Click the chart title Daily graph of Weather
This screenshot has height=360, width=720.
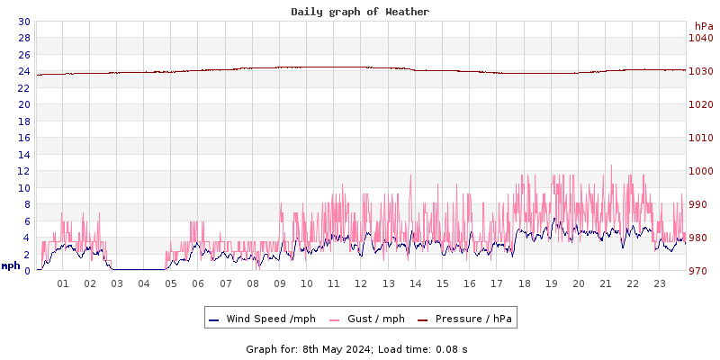(360, 12)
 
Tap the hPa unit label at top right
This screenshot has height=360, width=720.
(704, 26)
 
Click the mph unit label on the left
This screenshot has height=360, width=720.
(11, 265)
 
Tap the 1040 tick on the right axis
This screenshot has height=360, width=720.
(700, 38)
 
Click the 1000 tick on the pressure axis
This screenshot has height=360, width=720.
(700, 171)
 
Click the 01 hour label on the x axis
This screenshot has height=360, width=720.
(63, 284)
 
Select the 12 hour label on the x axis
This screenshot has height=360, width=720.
(361, 284)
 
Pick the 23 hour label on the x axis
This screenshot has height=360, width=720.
(660, 284)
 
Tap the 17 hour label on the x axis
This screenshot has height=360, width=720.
(497, 284)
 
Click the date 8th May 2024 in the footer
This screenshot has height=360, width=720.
(334, 349)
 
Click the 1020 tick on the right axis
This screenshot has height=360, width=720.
(700, 104)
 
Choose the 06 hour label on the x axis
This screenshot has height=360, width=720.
(198, 284)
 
